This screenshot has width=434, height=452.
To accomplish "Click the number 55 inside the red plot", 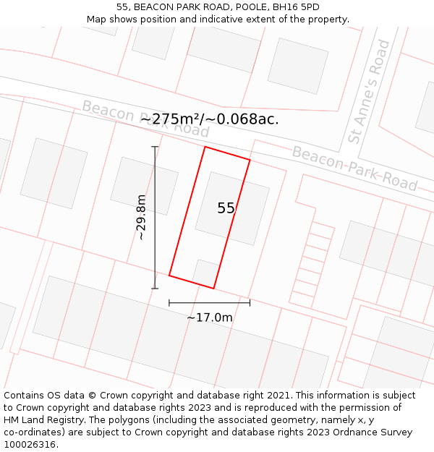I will click(226, 208).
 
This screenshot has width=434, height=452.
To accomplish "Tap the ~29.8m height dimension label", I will click(141, 218).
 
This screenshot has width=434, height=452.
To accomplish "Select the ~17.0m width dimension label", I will click(210, 317).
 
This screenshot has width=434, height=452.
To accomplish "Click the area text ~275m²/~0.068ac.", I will click(209, 119).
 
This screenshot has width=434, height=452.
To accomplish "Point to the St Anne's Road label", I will click(370, 91).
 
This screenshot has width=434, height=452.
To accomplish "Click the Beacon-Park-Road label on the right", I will click(354, 168).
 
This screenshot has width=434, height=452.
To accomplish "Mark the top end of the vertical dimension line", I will click(154, 147).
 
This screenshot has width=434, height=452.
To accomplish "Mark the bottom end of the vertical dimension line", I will click(154, 289).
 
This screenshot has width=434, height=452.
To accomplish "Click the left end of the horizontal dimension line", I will click(169, 303).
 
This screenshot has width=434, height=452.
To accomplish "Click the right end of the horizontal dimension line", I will click(250, 303).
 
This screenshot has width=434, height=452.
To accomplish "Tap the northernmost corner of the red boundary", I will click(205, 147).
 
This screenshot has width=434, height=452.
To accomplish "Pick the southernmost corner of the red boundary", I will click(213, 289).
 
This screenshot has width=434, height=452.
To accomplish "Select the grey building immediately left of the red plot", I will click(144, 185).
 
